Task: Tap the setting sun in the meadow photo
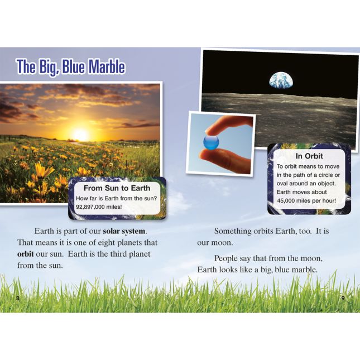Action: pyautogui.click(x=80, y=134)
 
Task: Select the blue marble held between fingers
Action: pyautogui.click(x=211, y=142)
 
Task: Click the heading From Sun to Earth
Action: pyautogui.click(x=117, y=188)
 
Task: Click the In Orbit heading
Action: pyautogui.click(x=309, y=156)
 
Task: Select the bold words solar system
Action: pyautogui.click(x=124, y=231)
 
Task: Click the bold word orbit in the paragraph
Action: pyautogui.click(x=26, y=254)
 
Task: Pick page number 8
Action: pyautogui.click(x=18, y=299)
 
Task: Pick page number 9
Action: pyautogui.click(x=343, y=298)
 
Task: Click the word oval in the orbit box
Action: pyautogui.click(x=281, y=184)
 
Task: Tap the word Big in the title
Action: pyautogui.click(x=48, y=68)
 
